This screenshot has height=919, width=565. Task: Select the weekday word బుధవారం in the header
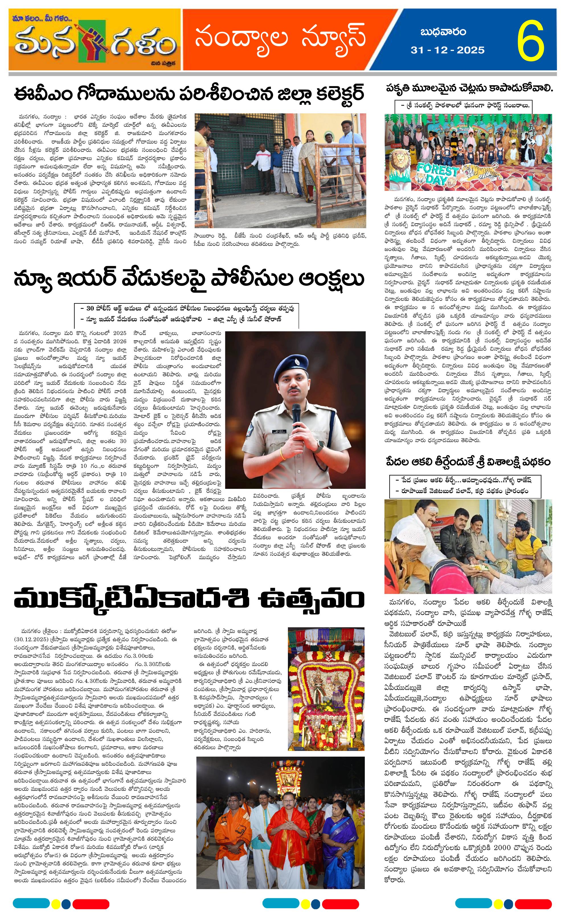coord(443,32)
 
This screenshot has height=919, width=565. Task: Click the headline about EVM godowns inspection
coord(189,94)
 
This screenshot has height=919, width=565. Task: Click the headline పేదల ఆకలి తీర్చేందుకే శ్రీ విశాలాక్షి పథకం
coord(468,462)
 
